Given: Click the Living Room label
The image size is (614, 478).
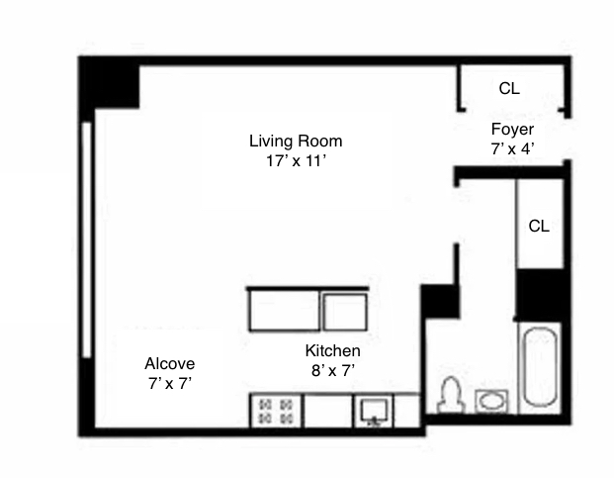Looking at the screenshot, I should (x=296, y=141).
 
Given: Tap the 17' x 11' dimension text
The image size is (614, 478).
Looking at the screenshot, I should (x=295, y=160).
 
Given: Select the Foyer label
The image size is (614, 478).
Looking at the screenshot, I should (x=512, y=130).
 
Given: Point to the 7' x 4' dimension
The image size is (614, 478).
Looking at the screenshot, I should (x=512, y=148).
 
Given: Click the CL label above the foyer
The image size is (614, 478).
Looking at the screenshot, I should (x=509, y=88).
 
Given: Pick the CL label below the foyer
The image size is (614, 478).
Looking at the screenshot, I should (x=539, y=226).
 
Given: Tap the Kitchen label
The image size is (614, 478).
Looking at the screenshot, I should (x=332, y=351).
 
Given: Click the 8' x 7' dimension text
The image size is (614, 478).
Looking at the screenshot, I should (x=332, y=370).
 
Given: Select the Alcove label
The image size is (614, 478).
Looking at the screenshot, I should (x=170, y=362).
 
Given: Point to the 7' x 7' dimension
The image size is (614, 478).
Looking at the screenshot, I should (x=170, y=382).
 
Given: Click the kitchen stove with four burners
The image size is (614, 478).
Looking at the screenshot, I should (x=278, y=411).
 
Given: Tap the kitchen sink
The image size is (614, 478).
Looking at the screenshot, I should (x=375, y=410).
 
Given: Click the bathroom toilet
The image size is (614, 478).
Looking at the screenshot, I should (x=451, y=396).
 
